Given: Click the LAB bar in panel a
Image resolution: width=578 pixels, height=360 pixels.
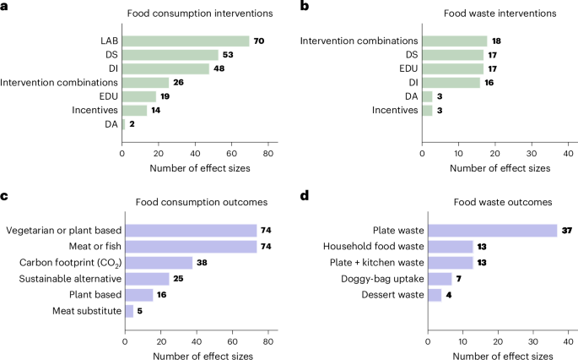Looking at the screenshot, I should coord(186,41).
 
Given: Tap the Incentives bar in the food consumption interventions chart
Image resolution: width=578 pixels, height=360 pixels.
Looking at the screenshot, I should coord(135,110).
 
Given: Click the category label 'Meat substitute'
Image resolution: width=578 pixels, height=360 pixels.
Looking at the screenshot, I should coord(82,310).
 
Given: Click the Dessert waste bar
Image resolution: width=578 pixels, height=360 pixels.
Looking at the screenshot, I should coord(435,294).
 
